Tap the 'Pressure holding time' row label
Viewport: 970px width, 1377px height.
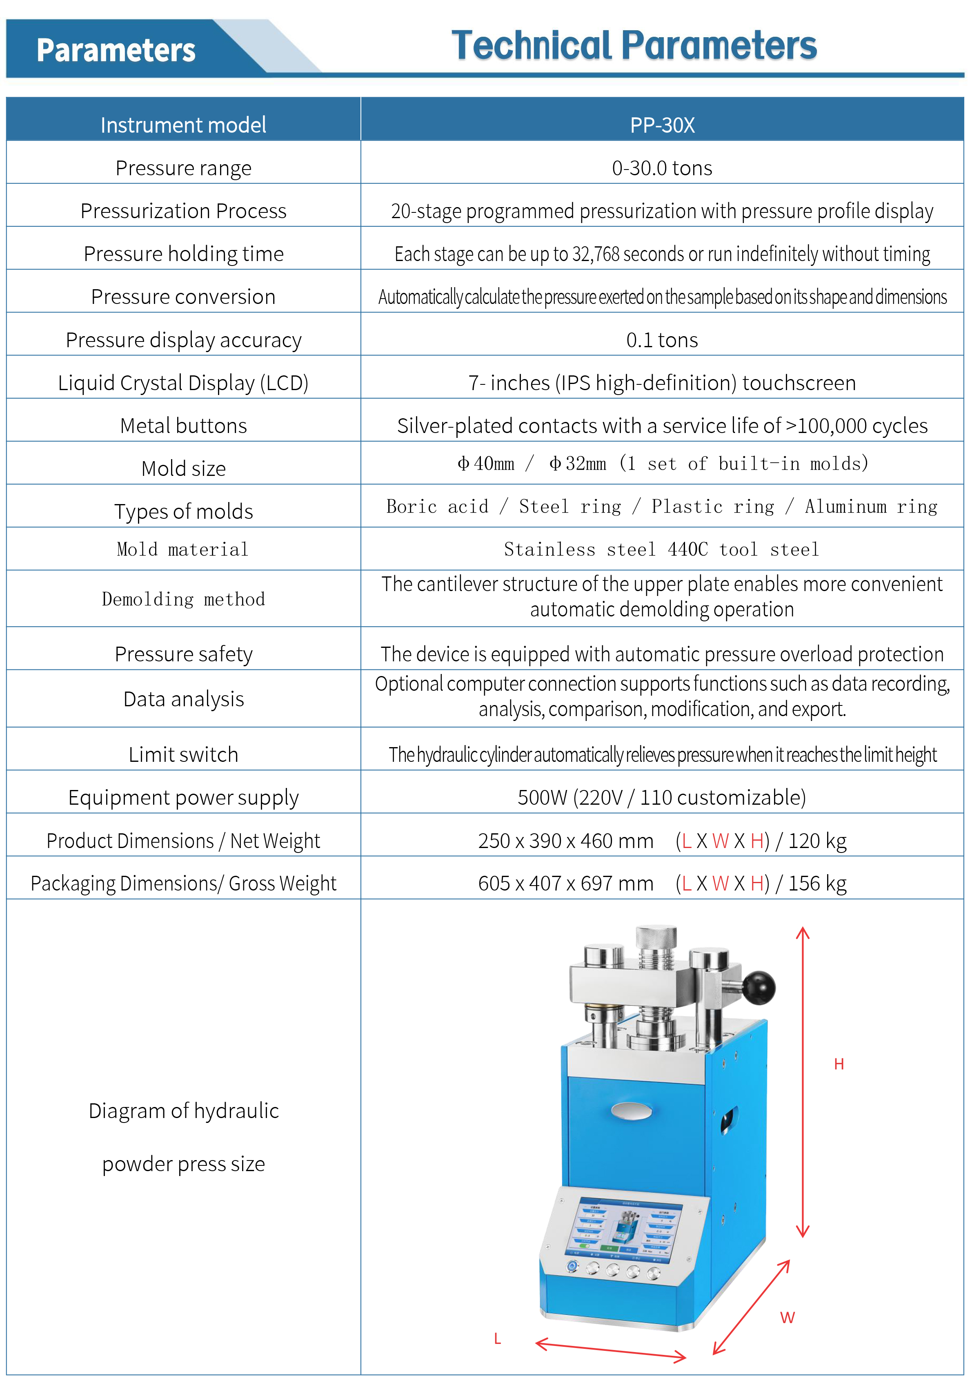click(183, 254)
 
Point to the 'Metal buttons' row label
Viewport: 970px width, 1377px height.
click(183, 426)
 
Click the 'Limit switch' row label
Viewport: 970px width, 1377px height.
click(183, 754)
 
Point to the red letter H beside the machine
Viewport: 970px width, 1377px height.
click(839, 1064)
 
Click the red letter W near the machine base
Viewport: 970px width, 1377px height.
click(787, 1318)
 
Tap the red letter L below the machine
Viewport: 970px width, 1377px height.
click(497, 1339)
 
